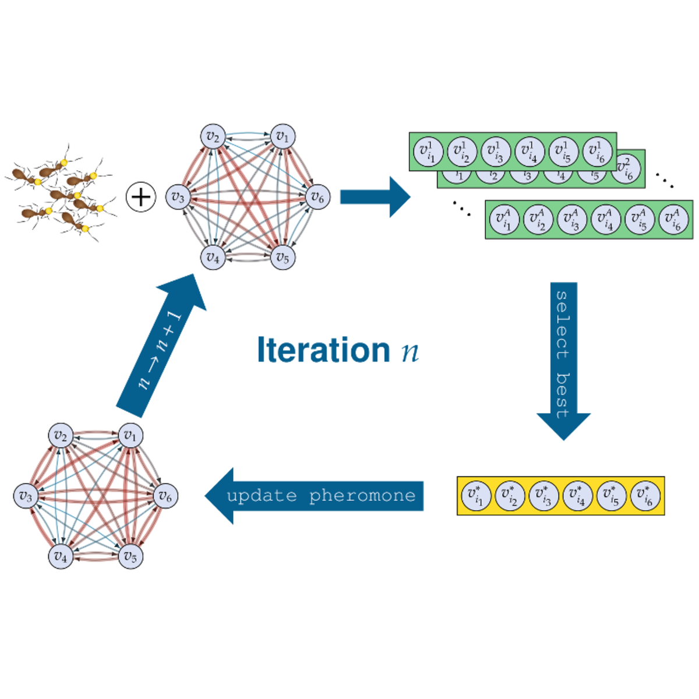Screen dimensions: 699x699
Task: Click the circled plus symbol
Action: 140,197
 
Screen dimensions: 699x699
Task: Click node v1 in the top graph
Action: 283,137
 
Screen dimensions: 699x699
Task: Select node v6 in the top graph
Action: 317,197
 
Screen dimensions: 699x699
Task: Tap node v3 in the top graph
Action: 178,197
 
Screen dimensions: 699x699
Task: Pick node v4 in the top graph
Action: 213,257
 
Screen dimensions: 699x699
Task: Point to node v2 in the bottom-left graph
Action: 61,436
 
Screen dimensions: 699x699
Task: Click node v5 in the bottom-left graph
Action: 130,556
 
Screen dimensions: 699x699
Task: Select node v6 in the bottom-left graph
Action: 165,496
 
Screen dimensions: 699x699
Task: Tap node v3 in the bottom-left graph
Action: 26,496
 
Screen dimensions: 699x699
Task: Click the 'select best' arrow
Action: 563,355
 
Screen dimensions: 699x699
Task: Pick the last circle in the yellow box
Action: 645,496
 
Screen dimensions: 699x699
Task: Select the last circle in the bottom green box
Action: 674,220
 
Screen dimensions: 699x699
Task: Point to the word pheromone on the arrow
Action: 362,496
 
